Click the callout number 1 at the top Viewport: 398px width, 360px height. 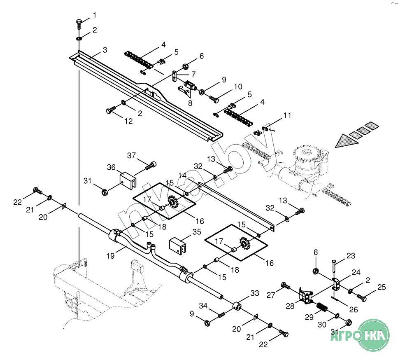point(95,15)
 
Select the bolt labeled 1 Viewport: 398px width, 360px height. point(79,24)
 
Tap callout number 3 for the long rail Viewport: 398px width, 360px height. point(105,50)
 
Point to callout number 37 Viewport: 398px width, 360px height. point(131,155)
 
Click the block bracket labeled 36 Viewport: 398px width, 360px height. point(128,180)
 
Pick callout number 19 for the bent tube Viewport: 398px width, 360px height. point(110,255)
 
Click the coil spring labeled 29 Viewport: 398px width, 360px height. point(322,307)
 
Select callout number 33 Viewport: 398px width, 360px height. point(255,293)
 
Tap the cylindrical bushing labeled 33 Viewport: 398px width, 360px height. point(237,306)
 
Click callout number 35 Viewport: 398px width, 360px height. point(197,232)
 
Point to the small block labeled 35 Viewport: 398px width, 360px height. point(177,246)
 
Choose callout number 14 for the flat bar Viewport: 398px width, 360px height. point(182,175)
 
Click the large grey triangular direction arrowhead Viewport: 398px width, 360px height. point(347,141)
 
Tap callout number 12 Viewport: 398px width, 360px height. point(128,121)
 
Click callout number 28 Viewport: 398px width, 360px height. point(290,306)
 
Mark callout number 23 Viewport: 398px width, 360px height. point(351,255)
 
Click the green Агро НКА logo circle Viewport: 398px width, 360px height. point(374,335)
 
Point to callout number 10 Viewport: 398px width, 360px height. point(238,86)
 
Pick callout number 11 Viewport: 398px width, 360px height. point(287,115)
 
